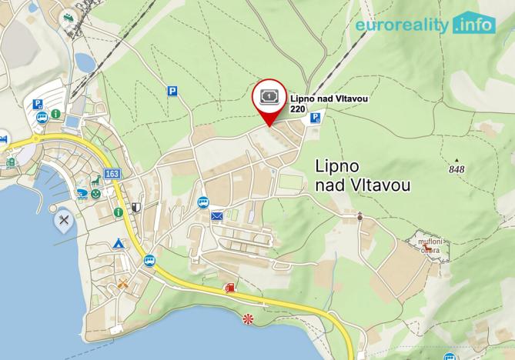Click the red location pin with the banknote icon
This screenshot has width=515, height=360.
point(269,98)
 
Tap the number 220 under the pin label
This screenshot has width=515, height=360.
point(298,110)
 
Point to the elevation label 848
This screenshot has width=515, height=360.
point(456,169)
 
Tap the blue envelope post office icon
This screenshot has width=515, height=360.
point(217,216)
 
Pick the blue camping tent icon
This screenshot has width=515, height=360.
point(119,243)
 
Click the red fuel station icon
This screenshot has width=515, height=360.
point(229,288)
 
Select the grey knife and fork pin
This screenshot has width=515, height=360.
point(64,221)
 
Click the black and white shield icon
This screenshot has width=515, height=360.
point(136,208)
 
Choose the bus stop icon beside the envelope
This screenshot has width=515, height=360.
point(202,202)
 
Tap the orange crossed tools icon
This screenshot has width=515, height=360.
point(122,283)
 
